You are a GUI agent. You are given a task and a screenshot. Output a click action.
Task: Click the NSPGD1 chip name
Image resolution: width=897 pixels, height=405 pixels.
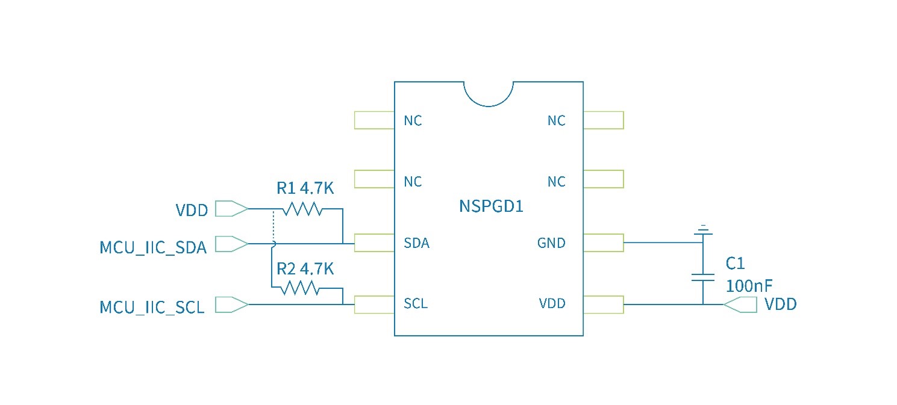coord(491,206)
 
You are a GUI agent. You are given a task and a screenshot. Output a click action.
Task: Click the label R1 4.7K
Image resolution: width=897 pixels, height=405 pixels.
coord(305,188)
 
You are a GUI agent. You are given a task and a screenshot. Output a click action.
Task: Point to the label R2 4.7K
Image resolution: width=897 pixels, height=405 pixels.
coord(305,268)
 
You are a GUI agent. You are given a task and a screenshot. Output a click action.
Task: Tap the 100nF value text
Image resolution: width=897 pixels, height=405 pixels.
coord(749,286)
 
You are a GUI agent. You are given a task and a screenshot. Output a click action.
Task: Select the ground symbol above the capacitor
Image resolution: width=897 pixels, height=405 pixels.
coord(702,230)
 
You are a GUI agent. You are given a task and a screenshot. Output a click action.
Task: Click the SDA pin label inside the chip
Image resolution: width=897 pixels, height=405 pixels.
coord(417,244)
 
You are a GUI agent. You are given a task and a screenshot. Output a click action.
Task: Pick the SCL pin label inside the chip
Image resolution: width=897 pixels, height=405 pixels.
coord(416,304)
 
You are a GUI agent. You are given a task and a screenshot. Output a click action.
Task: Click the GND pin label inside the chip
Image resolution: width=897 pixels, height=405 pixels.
coord(551,244)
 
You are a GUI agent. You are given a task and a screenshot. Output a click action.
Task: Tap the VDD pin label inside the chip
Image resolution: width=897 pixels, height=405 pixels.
coord(552,304)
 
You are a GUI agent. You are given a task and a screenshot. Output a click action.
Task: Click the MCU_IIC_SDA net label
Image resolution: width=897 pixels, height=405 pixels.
coord(153,247)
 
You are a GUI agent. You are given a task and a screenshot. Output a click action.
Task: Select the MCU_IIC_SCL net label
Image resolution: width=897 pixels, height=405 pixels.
coord(152,308)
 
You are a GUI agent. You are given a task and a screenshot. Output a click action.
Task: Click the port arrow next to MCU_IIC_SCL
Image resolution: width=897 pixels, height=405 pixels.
coord(231,305)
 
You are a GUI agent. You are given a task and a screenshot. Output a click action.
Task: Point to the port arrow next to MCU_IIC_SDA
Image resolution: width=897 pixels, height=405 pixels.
coord(231,244)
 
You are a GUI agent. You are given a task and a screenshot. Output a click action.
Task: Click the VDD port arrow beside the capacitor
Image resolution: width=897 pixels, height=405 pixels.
coord(740,305)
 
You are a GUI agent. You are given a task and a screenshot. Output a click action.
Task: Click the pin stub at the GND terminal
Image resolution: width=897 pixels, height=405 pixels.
coord(603,243)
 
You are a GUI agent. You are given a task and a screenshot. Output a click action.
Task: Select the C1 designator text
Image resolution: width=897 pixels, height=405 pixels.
coord(735,264)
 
